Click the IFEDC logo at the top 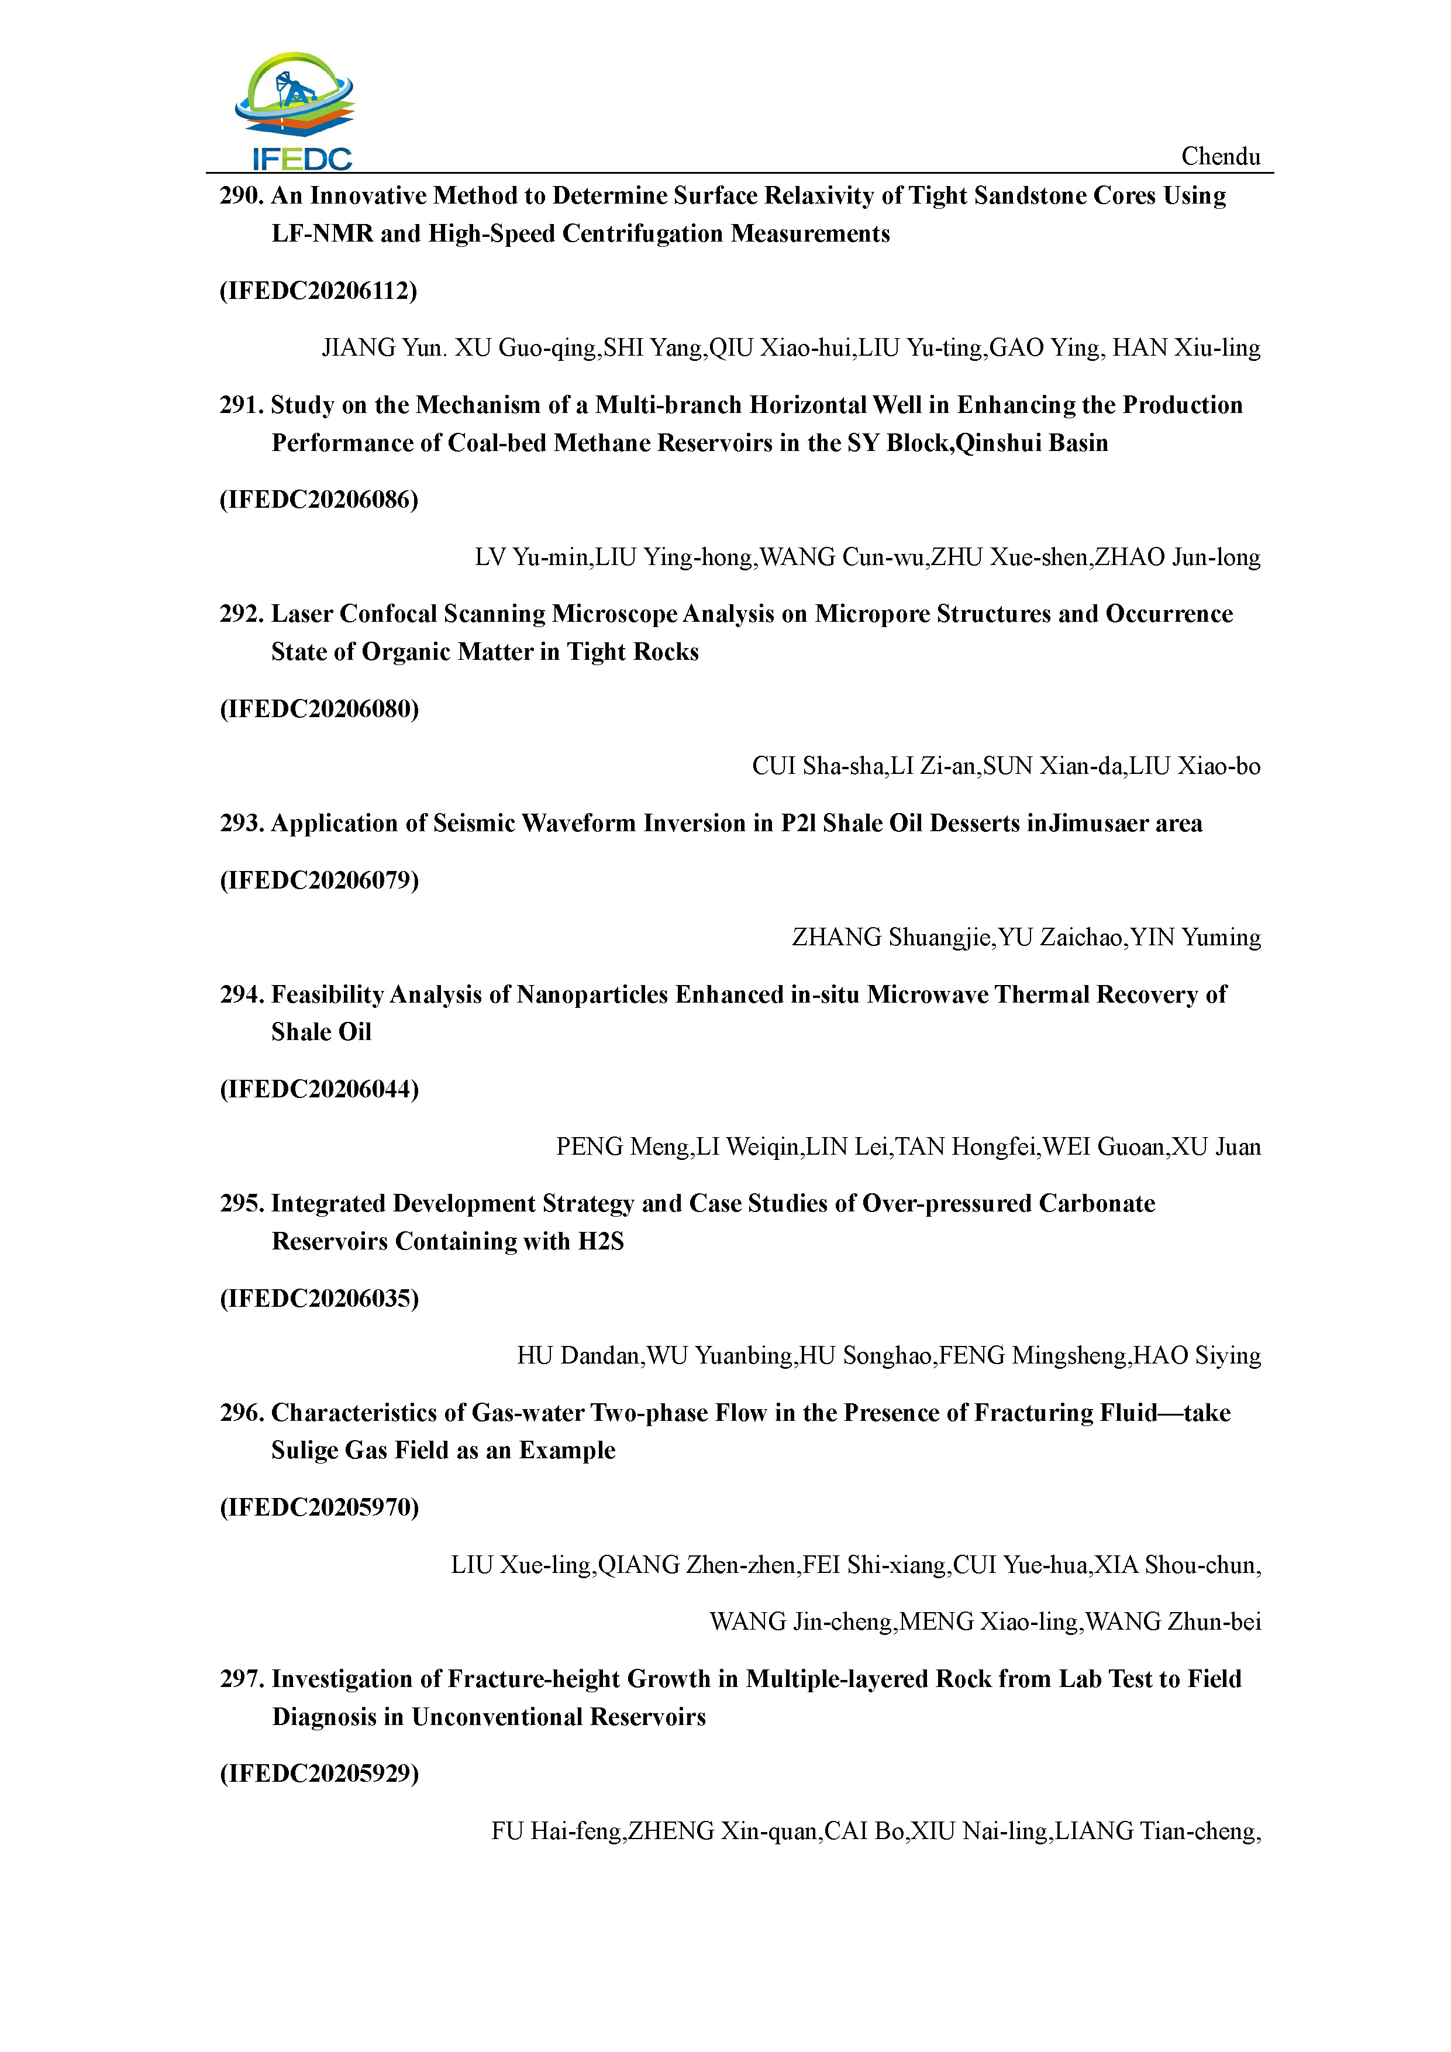pos(295,112)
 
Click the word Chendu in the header pos(1221,156)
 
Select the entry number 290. pos(241,196)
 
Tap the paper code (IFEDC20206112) pos(318,291)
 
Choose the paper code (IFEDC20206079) pos(319,880)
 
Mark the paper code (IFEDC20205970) pos(319,1508)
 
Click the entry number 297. pos(241,1679)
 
